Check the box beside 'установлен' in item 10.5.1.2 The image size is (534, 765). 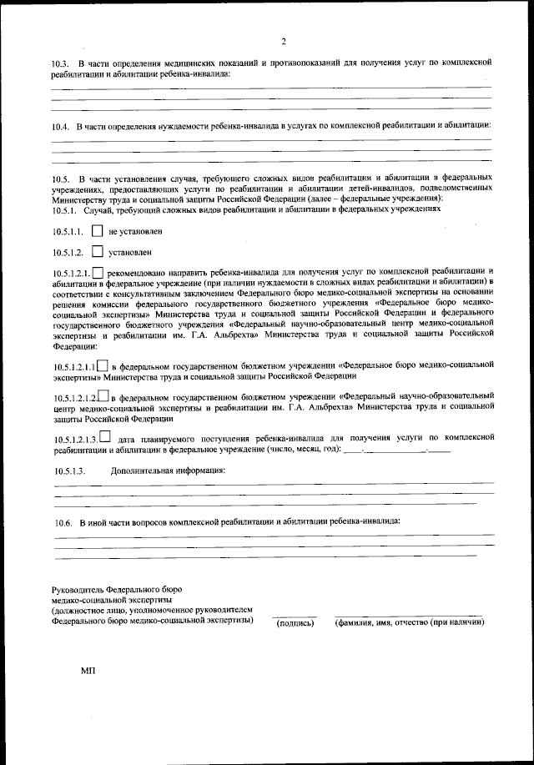click(x=98, y=250)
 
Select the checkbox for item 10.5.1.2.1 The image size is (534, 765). click(x=98, y=272)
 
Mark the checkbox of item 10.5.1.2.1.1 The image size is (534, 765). click(x=103, y=365)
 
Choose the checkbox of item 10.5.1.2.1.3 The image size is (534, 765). click(x=104, y=437)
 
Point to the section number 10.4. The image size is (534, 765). click(x=59, y=126)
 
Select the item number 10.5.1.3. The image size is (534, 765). click(x=70, y=471)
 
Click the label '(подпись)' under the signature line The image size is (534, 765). click(x=295, y=622)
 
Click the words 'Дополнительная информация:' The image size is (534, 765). click(x=169, y=471)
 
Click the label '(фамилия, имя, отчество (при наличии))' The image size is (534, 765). click(x=409, y=622)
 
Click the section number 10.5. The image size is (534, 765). click(x=59, y=179)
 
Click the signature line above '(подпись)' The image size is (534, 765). click(x=295, y=615)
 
